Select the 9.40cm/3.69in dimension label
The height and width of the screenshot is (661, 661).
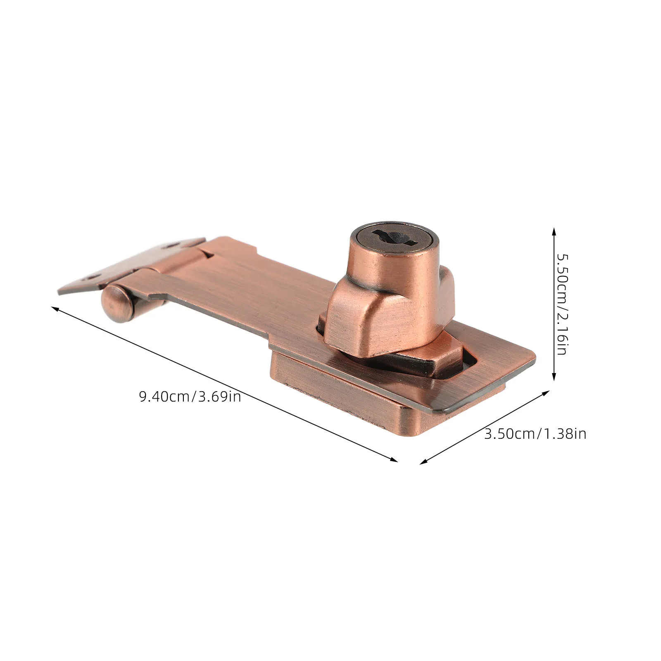[x=190, y=397]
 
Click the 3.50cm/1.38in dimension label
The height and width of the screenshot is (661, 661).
[x=535, y=434]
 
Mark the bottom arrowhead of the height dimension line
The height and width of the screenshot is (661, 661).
[x=554, y=376]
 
